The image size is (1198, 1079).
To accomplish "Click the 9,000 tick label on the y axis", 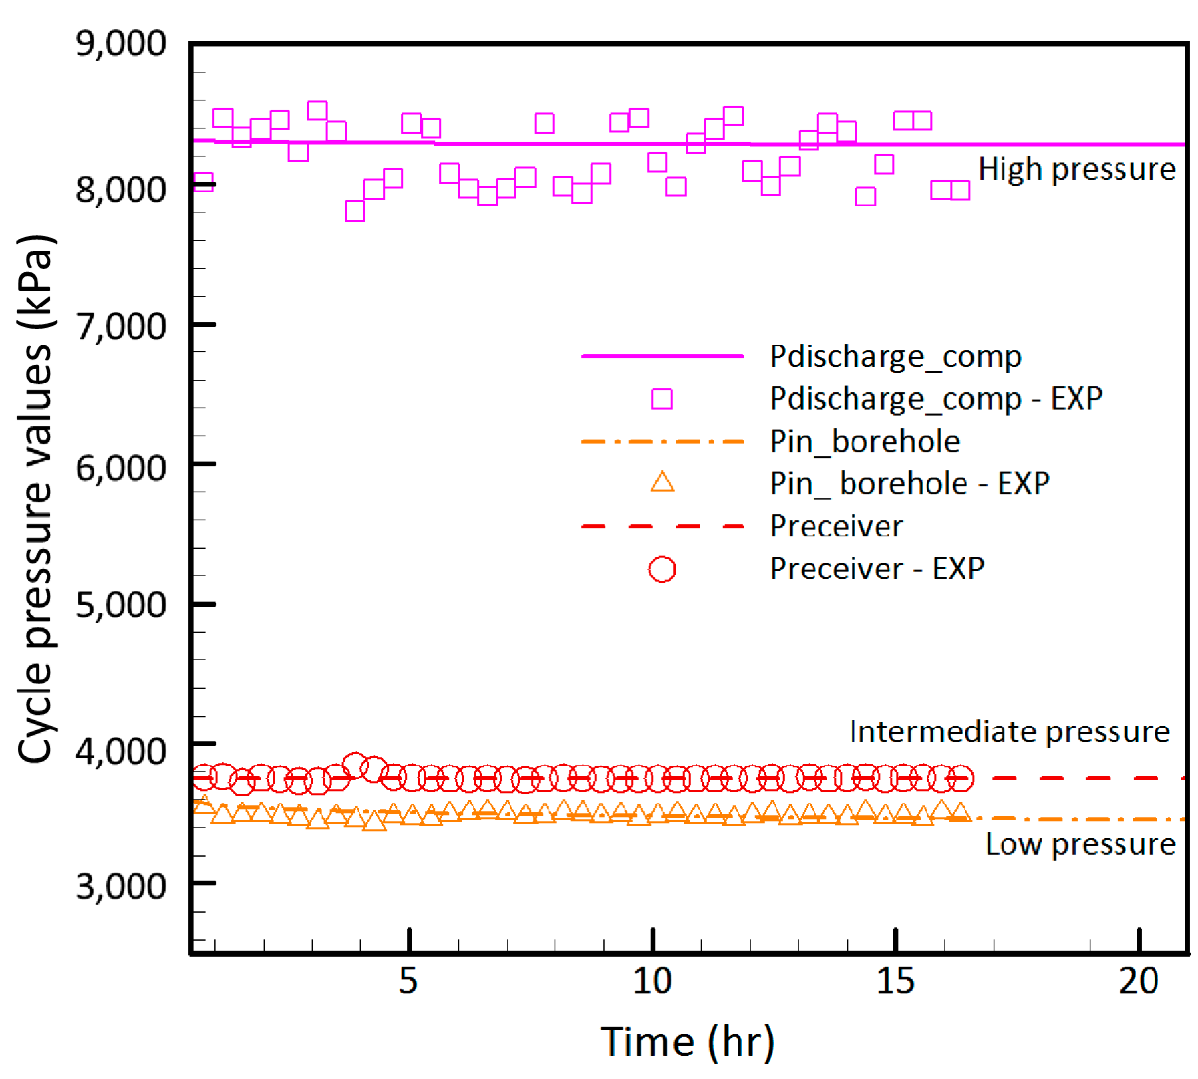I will click(120, 44).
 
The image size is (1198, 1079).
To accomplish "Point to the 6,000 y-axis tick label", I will click(120, 468).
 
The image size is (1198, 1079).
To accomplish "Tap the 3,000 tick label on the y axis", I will click(120, 886).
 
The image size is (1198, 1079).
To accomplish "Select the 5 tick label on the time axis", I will click(408, 981).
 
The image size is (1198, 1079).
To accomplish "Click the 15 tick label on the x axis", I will click(895, 981).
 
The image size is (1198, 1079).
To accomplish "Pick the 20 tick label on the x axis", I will click(1139, 981).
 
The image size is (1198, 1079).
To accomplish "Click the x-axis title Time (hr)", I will click(688, 1042).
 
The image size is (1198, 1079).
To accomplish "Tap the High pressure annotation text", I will click(1076, 169).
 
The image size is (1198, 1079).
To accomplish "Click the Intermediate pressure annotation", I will click(1009, 732).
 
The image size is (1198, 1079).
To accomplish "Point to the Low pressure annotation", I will click(1080, 844).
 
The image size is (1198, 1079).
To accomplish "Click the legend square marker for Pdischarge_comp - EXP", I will click(661, 399).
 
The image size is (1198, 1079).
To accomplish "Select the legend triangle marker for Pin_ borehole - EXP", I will click(662, 482).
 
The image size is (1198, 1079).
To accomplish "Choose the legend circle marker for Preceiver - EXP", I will click(661, 569).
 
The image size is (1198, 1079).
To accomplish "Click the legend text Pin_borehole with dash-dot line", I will click(865, 442).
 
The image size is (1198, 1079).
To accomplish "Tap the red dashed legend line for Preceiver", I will click(662, 526).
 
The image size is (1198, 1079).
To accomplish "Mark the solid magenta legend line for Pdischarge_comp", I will click(662, 356).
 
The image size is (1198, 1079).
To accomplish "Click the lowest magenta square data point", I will click(354, 211).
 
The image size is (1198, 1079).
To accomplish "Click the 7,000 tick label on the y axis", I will click(120, 327).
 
